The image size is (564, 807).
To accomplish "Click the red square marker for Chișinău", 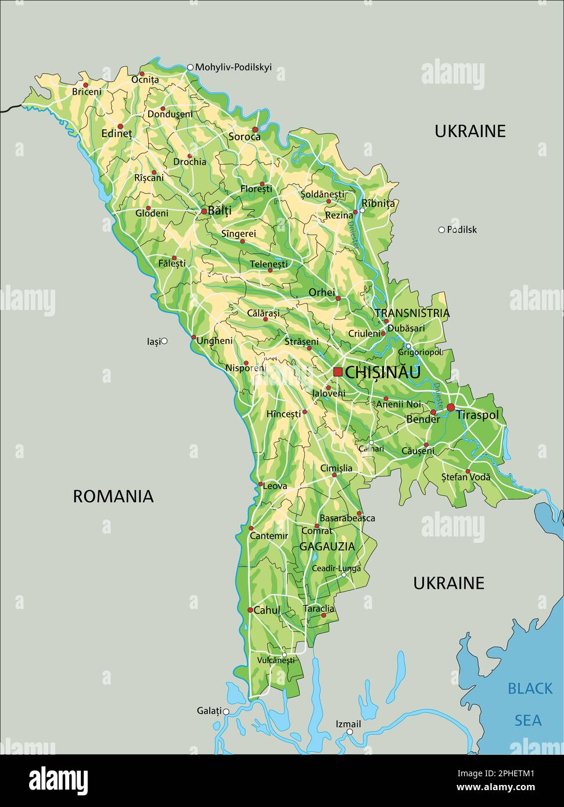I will [337, 372].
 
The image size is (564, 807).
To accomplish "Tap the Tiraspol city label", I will [477, 415].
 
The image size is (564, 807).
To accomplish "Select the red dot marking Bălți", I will [204, 211].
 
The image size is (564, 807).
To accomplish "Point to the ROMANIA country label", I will [113, 496].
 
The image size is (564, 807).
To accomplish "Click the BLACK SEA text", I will [530, 704].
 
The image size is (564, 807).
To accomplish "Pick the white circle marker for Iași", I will [164, 341].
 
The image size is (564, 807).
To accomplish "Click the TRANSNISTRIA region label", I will [412, 314].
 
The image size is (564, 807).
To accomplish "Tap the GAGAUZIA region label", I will [327, 546].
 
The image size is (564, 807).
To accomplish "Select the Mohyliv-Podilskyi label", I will [233, 67].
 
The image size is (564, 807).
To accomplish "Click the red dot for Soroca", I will [255, 129].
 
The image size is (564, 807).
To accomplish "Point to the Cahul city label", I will [267, 610].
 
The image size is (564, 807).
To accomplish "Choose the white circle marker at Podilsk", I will [441, 230].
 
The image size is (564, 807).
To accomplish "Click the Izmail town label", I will [349, 724].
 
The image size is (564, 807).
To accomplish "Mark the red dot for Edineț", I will [120, 127].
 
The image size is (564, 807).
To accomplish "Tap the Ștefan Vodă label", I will [466, 477].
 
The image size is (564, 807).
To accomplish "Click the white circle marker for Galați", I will [226, 711].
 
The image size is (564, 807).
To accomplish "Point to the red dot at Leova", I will [261, 484].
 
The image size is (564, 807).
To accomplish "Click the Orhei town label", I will [322, 292].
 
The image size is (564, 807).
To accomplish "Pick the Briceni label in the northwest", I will [87, 92].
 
